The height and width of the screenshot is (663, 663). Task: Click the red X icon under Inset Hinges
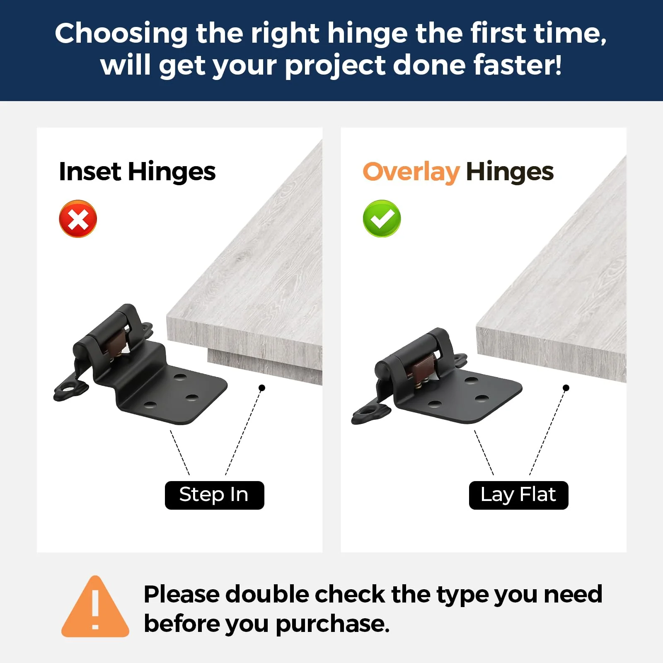click(x=78, y=219)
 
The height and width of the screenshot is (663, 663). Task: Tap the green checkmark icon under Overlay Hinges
click(x=382, y=219)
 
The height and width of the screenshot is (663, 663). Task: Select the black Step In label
click(x=214, y=495)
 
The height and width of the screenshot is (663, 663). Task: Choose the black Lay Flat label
click(x=518, y=495)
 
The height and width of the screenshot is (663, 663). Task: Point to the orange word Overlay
click(x=411, y=172)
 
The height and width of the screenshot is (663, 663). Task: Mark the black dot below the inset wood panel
click(x=262, y=388)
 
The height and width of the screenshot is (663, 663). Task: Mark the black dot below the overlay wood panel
click(x=566, y=388)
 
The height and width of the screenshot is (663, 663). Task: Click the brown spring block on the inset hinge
click(x=115, y=341)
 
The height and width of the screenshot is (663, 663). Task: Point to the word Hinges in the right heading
click(x=510, y=172)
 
